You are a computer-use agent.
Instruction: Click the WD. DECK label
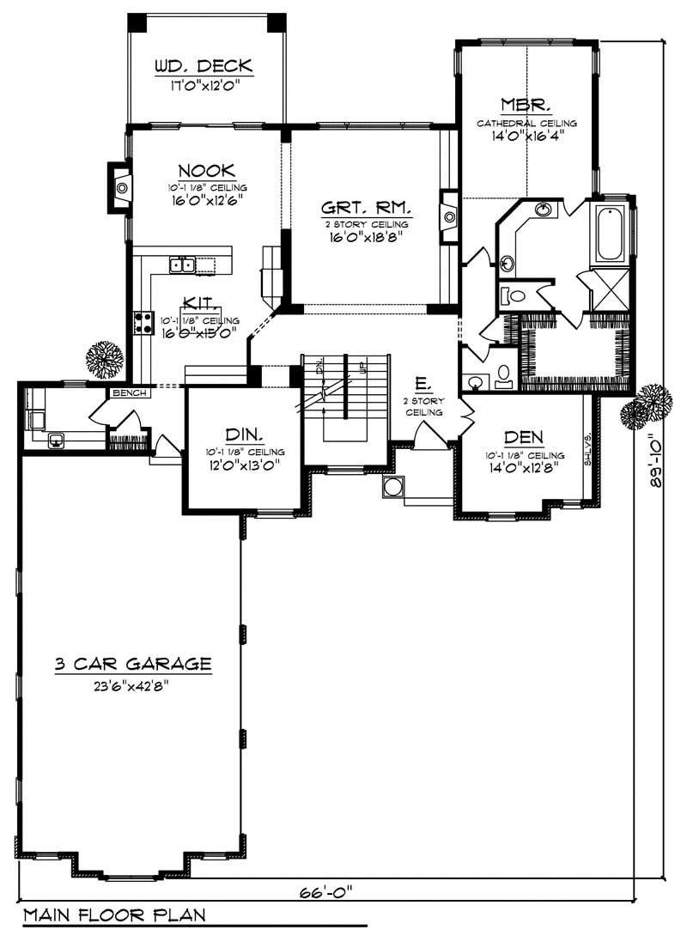tap(203, 66)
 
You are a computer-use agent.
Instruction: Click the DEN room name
tap(522, 437)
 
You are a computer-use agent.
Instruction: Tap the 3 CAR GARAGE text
tap(132, 663)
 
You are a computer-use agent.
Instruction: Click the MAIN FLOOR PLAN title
tap(114, 915)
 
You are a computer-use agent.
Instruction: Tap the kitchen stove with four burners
tap(141, 322)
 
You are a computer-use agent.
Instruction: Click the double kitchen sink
tap(182, 264)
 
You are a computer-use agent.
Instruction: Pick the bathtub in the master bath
tap(610, 232)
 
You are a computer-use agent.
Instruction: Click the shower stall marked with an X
tap(610, 289)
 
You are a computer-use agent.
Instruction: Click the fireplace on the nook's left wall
tap(119, 185)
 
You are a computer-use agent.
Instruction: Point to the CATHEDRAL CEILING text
tap(527, 123)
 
